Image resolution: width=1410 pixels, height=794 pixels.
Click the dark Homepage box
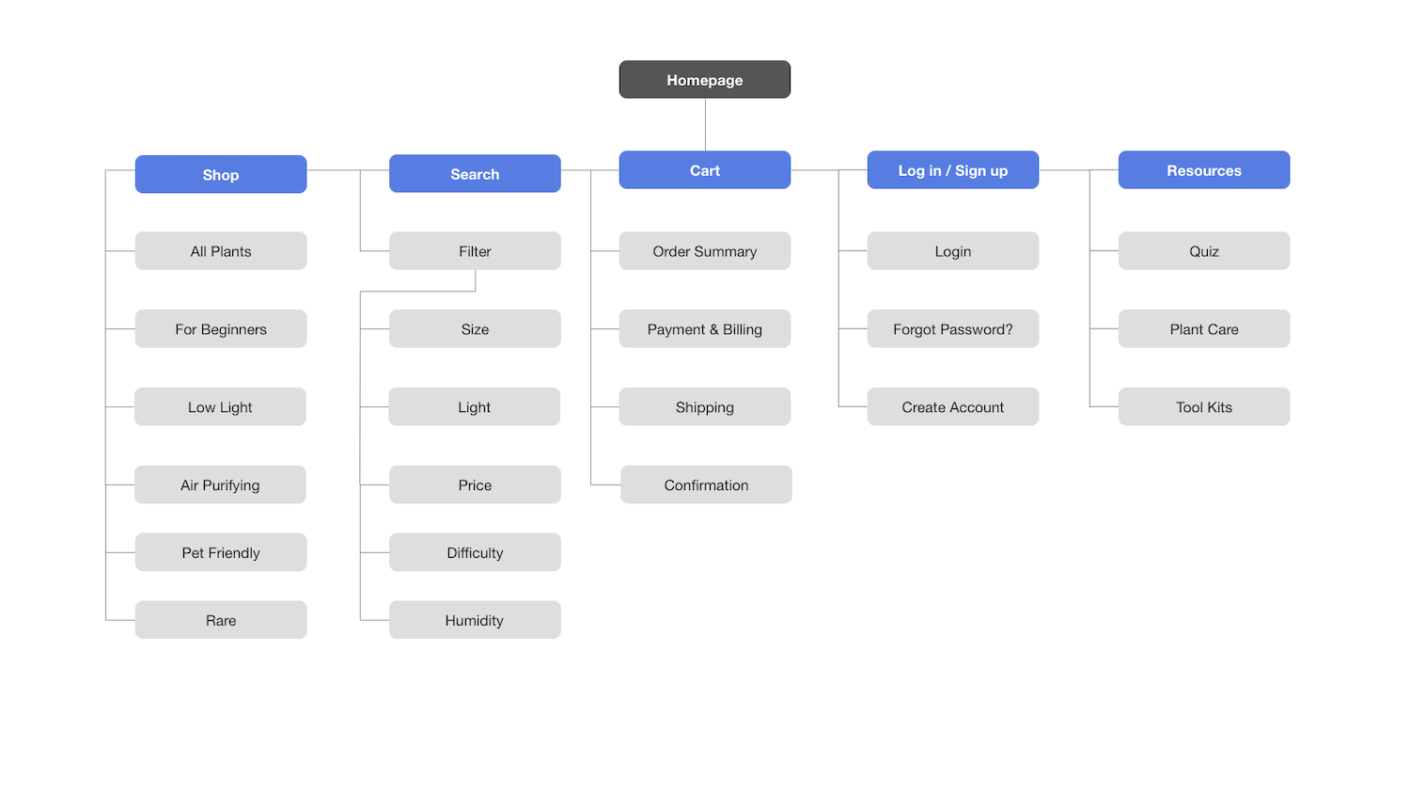pos(704,79)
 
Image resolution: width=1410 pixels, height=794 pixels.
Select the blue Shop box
pos(221,174)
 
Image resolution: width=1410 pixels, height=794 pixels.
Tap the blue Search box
pos(475,173)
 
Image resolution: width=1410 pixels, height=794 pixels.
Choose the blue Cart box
pos(704,169)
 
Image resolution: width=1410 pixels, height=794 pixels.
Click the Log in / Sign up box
pos(953,169)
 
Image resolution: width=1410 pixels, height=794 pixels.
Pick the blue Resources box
pos(1204,169)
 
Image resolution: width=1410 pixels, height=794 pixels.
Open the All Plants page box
pos(221,251)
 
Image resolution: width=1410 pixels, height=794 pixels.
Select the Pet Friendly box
pos(221,552)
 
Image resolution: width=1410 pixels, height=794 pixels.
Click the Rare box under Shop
pos(221,619)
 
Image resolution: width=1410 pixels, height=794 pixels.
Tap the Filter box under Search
pos(475,251)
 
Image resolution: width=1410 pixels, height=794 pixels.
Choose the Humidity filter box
pos(475,619)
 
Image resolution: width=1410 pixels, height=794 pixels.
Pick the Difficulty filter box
pos(475,552)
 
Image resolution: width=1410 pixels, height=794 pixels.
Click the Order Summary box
pos(704,251)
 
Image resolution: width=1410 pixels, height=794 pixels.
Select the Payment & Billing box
pos(704,328)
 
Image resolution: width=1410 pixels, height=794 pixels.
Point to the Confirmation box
pos(706,484)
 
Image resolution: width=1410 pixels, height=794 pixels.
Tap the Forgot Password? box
pos(953,328)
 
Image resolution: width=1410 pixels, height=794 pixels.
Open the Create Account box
pos(953,406)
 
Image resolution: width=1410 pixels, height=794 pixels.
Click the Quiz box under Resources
pos(1204,251)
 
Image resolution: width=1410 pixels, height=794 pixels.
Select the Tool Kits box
pos(1204,406)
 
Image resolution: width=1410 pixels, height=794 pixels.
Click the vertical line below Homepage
pos(705,125)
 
